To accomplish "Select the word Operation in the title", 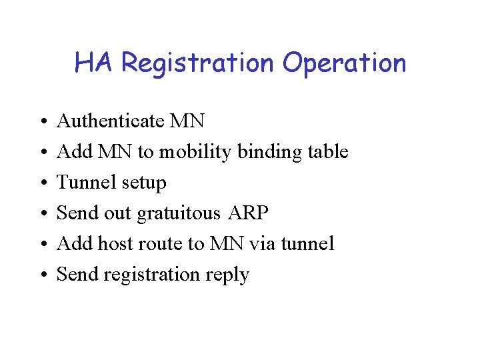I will click(344, 64).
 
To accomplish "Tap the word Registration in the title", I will click(198, 64).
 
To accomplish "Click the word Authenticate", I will click(110, 121).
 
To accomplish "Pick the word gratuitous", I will click(178, 213).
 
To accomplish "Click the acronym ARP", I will click(248, 213).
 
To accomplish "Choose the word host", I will click(115, 243).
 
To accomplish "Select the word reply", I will click(228, 275).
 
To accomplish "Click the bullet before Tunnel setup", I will click(41, 183).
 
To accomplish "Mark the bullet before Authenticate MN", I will click(41, 122).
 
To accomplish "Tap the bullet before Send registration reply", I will click(41, 275).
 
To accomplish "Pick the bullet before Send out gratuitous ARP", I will click(41, 214).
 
